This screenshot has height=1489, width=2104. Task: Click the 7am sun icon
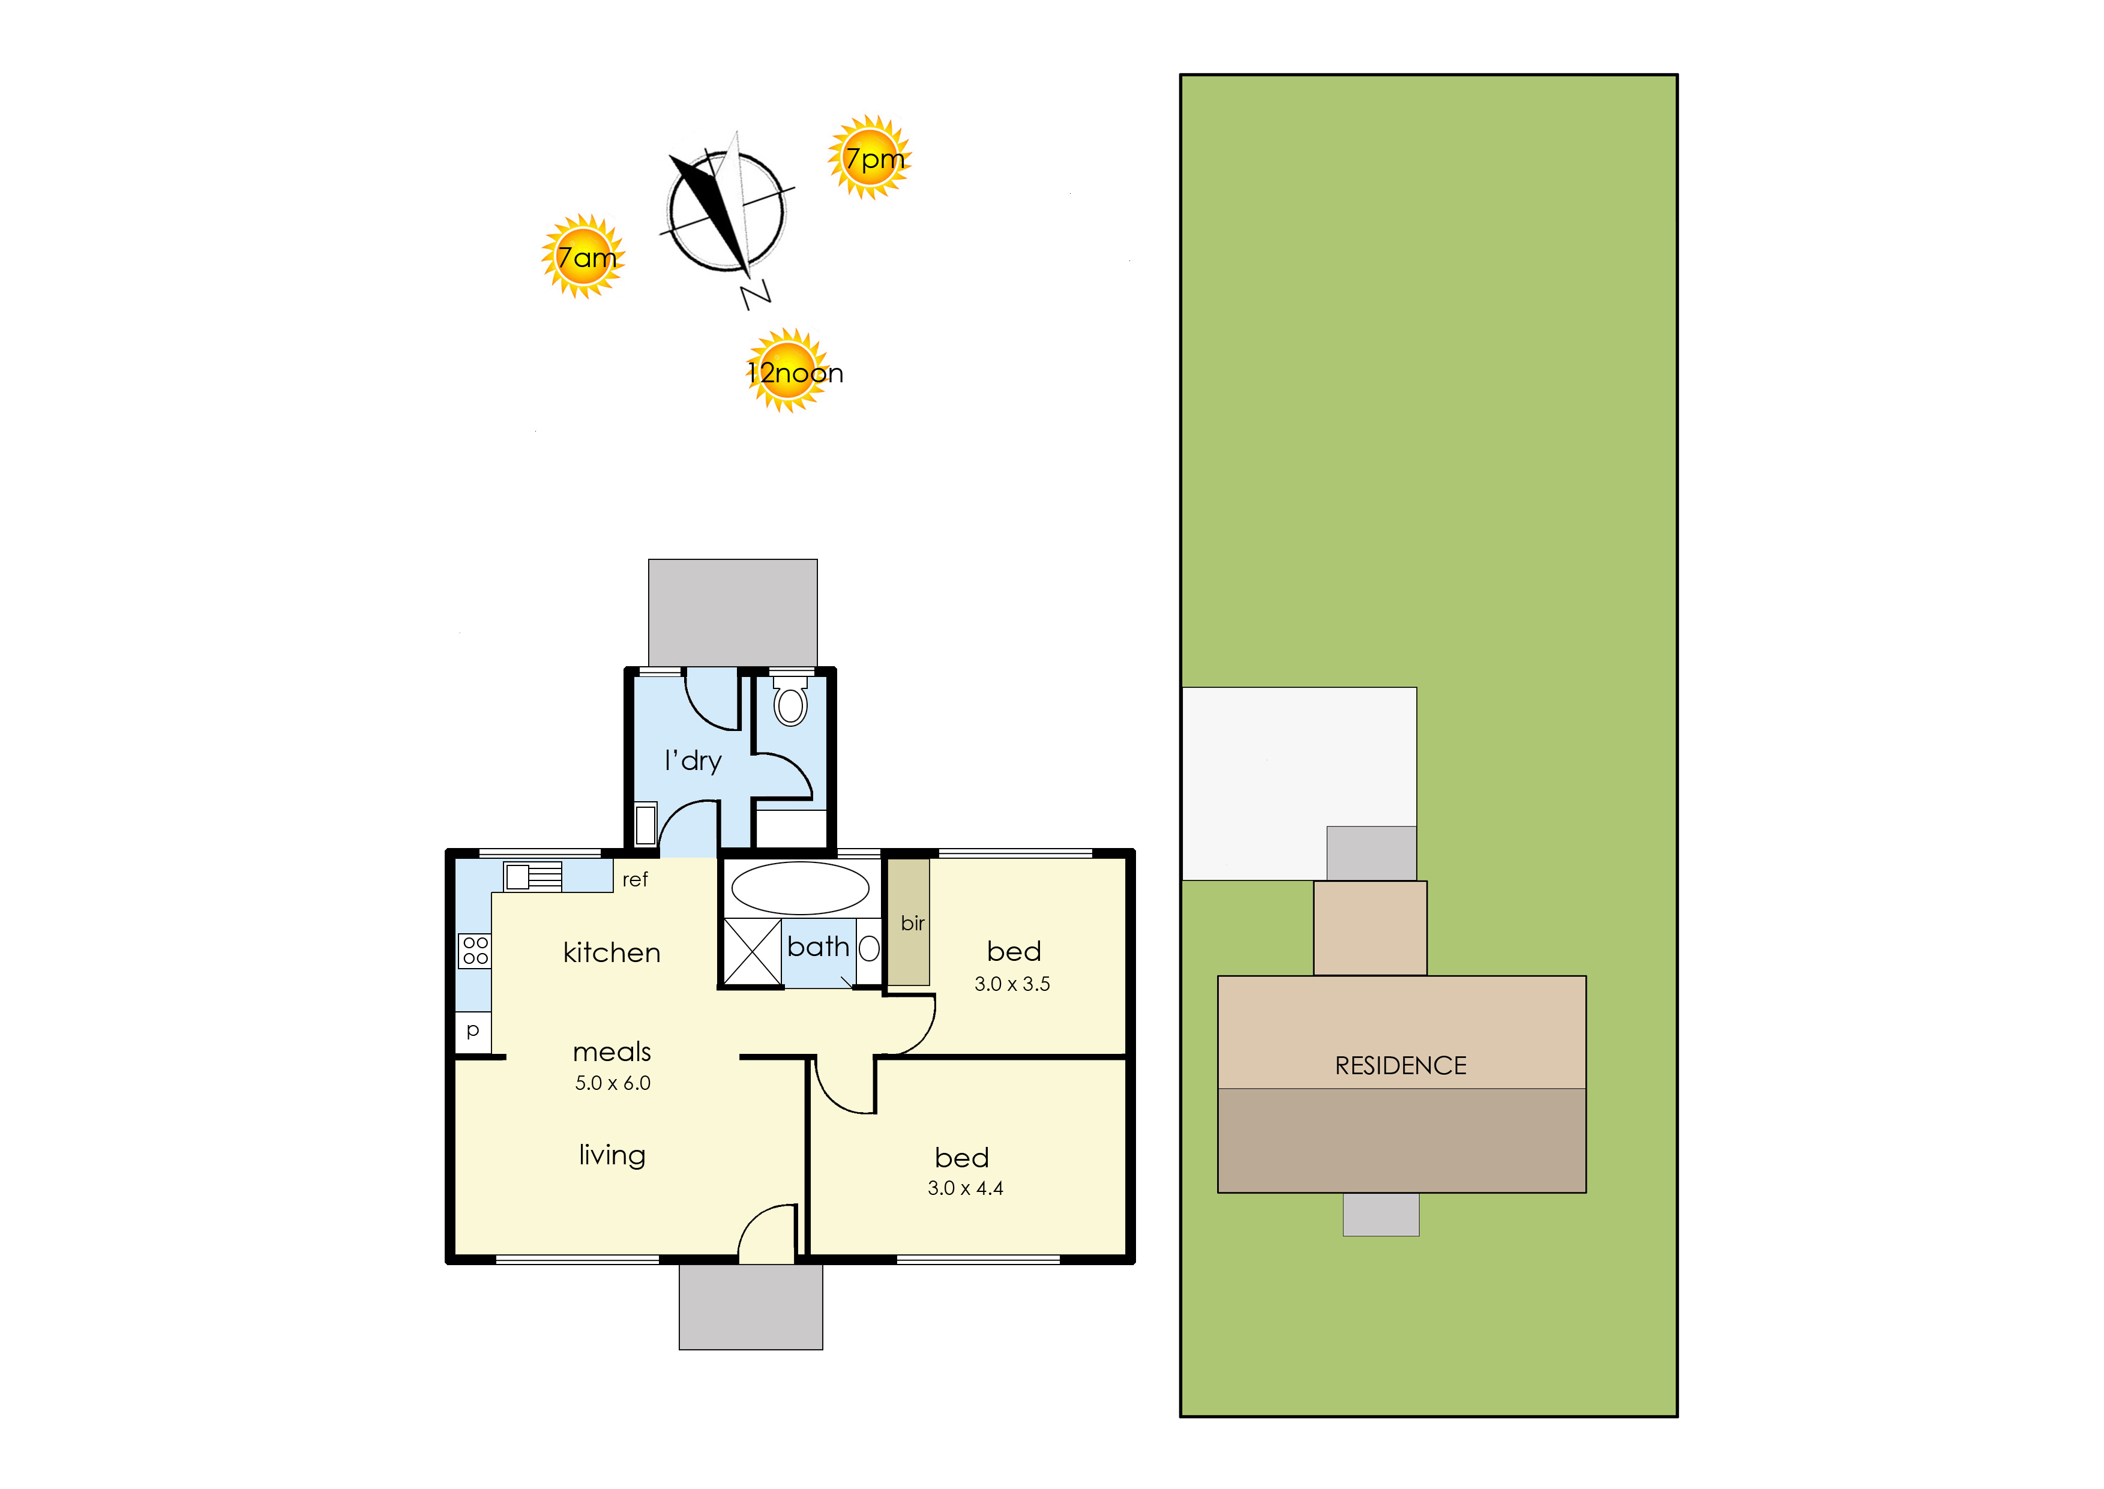pos(583,257)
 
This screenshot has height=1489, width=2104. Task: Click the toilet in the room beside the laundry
pos(790,702)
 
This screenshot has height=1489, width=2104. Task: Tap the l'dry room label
pos(693,761)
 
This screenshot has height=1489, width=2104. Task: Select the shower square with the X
pos(753,952)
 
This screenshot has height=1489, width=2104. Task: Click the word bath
pos(818,946)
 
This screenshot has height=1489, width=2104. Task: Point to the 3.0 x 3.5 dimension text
pos(1012,984)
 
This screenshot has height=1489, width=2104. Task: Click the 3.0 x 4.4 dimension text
pos(966,1188)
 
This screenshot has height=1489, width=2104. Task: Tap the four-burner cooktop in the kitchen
pos(475,951)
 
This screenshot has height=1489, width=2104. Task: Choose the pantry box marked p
pos(473,1032)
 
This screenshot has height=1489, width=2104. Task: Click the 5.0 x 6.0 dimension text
pos(612,1083)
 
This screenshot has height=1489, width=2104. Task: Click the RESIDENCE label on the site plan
pos(1400,1065)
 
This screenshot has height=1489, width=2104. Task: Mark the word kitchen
pos(612,952)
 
